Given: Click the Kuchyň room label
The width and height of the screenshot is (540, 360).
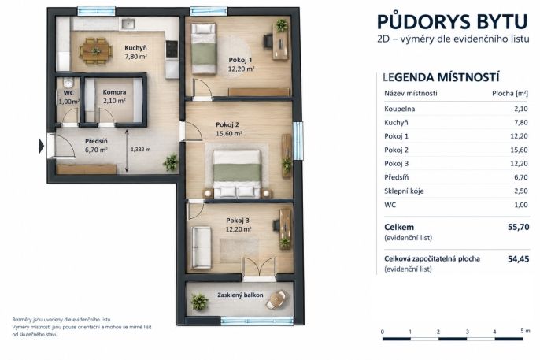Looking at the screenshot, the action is click(x=135, y=48).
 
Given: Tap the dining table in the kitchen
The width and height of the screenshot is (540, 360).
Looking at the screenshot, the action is click(x=96, y=51).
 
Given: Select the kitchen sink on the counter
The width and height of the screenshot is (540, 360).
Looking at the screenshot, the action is click(x=128, y=24).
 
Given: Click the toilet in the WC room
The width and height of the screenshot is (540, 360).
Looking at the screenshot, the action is click(x=68, y=83).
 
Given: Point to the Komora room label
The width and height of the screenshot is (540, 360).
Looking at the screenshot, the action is click(x=114, y=92).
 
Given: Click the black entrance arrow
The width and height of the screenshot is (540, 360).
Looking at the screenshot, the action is click(x=41, y=146).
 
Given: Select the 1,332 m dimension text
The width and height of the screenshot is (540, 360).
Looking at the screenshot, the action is click(x=140, y=150).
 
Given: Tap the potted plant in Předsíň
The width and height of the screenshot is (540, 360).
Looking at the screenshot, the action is click(x=171, y=162).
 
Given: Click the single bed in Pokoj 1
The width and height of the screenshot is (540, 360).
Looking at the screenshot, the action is click(x=204, y=48).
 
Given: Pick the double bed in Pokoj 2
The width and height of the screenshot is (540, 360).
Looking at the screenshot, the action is click(x=237, y=173).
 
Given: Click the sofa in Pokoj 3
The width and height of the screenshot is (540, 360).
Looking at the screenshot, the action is click(x=201, y=247).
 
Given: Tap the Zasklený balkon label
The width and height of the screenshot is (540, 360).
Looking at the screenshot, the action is click(x=240, y=295).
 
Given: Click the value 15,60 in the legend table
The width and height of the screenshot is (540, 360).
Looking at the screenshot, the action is click(x=519, y=150).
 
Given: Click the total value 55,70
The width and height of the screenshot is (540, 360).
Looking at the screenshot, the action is click(x=518, y=227).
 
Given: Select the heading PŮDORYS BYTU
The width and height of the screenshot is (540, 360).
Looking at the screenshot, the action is click(x=452, y=21).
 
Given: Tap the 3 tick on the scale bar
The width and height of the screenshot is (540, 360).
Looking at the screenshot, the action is click(x=467, y=332).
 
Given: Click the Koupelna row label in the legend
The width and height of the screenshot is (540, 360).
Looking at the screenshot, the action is click(x=400, y=109).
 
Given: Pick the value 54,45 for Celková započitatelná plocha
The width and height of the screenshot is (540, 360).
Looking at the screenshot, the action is click(x=518, y=259).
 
